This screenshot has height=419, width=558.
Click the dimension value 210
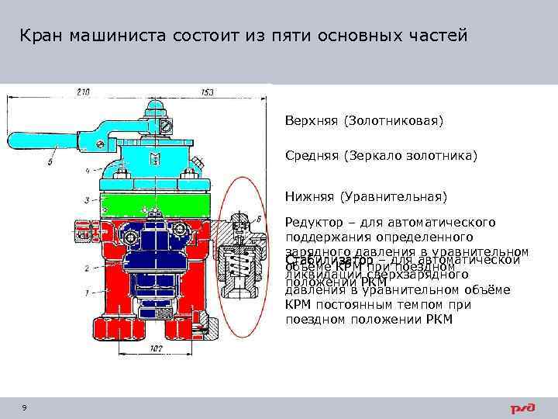(x=83, y=92)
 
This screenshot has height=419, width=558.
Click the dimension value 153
(x=207, y=92)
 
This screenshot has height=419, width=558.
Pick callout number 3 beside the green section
(x=85, y=200)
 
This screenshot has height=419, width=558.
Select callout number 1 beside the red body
(x=87, y=293)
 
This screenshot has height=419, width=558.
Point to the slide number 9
(x=26, y=408)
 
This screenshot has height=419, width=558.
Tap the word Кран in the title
(x=40, y=36)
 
